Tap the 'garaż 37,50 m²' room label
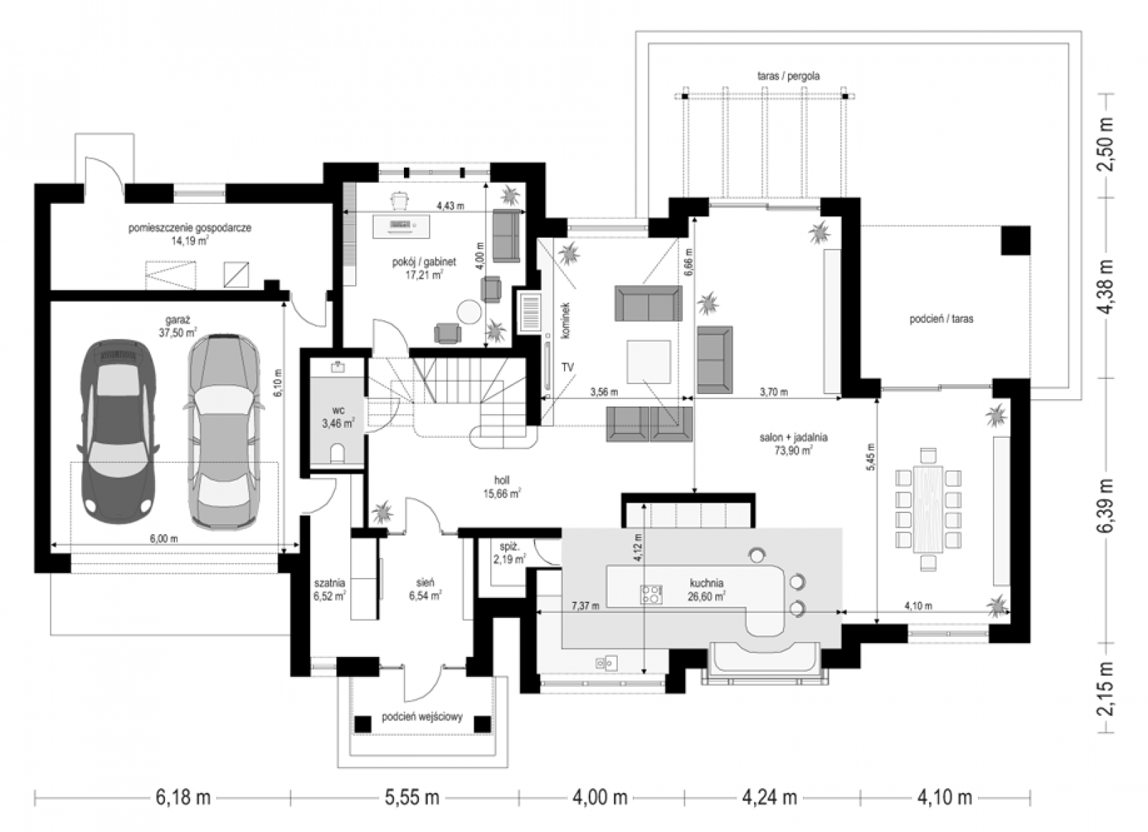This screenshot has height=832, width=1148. pos(178,327)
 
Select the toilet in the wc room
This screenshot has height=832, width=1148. pos(338,454)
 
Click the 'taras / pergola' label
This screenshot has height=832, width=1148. pos(789,76)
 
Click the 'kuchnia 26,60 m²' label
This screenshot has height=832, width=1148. pos(706,589)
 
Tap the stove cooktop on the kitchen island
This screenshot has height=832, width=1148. pos(651,594)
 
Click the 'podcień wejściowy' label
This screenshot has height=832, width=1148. pos(423,716)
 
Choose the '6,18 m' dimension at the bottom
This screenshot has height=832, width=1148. pos(183,797)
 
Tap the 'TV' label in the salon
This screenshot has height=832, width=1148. pos(568,367)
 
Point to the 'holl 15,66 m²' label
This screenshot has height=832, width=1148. pos(502,487)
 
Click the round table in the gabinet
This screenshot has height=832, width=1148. pos(469,312)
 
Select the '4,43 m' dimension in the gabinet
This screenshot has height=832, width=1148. pos(450,206)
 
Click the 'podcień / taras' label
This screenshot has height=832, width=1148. pos(941,319)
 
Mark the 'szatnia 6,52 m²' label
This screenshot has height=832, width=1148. pos(329,589)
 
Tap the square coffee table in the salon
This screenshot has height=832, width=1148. pos(649,361)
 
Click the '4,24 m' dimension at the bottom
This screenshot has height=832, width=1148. pos(770,797)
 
